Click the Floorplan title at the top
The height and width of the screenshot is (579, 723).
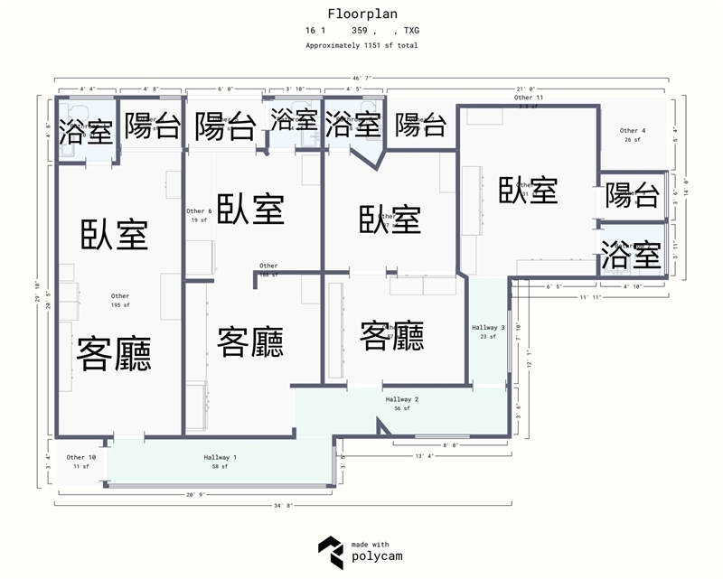coord(361,14)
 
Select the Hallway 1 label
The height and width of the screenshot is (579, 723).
coord(221,458)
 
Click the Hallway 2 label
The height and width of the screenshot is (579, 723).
coord(402,399)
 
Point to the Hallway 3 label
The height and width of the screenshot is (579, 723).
coord(489,327)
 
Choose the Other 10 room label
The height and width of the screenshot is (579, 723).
coord(81,458)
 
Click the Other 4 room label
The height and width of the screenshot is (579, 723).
coord(632,131)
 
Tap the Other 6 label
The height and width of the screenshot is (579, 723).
coord(199,211)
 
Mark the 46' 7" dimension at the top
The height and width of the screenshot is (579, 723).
coord(361,79)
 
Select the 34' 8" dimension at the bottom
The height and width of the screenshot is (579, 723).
coord(283,506)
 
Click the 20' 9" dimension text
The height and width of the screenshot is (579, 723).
coord(197,495)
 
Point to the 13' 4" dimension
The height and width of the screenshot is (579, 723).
coord(424,457)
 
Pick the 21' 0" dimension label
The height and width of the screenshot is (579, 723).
coord(527,89)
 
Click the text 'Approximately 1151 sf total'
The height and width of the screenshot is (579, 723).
coord(361,45)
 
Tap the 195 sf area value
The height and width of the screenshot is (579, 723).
coord(120,305)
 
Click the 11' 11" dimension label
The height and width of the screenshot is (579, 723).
coord(589,296)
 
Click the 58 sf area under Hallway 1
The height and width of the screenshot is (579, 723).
coord(221,466)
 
